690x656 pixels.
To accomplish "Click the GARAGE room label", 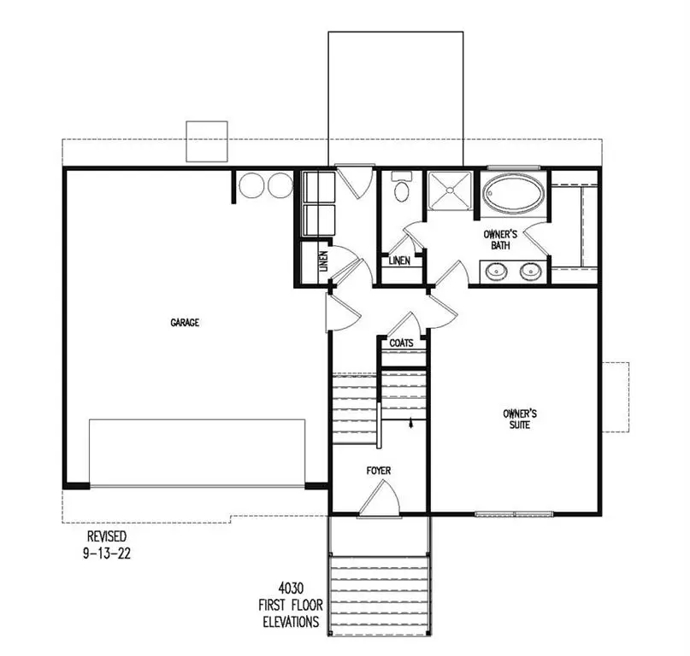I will pos(185,323).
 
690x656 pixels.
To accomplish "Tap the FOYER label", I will pos(379,471).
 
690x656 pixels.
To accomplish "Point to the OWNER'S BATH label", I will pos(500,240).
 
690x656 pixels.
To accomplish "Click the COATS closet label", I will pos(401,343).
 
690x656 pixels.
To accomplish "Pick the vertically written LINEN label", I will pos(323,261).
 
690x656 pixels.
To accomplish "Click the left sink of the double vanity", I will pos(495,272).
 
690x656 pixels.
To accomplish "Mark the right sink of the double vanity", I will pos(531,272).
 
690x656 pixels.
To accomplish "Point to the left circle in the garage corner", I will pos(251,185).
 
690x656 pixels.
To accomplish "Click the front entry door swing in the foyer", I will pos(379,501).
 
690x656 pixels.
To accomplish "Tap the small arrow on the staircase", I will pos(412,422).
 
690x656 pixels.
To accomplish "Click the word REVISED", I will pos(107,536).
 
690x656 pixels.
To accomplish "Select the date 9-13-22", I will pos(107,553).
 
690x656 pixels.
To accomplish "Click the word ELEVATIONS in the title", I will pos(292,622).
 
